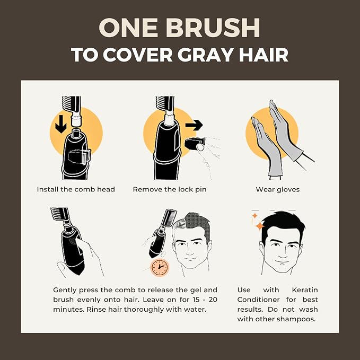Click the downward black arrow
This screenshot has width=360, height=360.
[x=61, y=124]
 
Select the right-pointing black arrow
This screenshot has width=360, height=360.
[x=194, y=125]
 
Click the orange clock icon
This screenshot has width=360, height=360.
[x=160, y=267]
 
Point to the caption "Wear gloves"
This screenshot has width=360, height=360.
[x=278, y=189]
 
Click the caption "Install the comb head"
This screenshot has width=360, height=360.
[x=76, y=189]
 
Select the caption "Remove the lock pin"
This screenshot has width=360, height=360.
[x=170, y=189]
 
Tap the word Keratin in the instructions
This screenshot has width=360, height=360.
[x=305, y=290]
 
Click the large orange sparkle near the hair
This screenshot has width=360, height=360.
[x=260, y=226]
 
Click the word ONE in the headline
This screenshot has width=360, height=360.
[x=128, y=28]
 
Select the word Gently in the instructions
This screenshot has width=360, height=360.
[x=65, y=290]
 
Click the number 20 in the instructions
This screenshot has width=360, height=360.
[x=213, y=300]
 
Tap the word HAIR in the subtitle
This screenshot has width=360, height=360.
[x=264, y=55]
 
